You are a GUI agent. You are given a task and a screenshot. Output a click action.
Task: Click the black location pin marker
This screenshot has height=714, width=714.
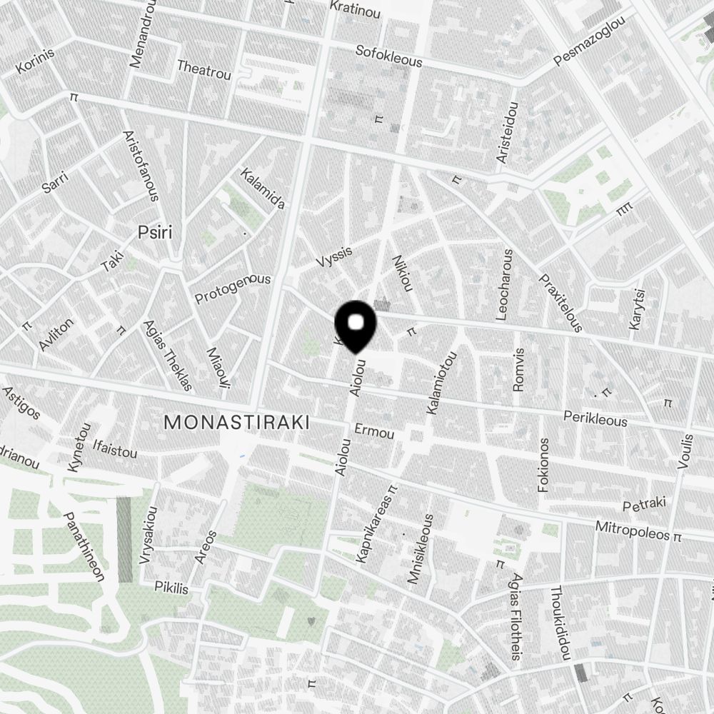(356, 325)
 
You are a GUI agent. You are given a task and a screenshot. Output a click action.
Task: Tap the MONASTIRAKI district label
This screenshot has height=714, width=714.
(236, 423)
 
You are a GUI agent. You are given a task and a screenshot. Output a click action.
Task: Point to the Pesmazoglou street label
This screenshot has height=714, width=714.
(590, 43)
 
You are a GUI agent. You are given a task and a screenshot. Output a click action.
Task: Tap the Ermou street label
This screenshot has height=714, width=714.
(374, 433)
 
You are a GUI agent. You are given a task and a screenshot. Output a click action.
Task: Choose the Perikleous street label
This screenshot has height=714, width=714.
(595, 418)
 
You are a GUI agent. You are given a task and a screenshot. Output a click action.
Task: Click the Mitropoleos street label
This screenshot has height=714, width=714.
(634, 532)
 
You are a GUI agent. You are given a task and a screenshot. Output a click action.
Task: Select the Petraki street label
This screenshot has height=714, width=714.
(644, 505)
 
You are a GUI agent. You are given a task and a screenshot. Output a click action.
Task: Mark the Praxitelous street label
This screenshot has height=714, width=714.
(561, 303)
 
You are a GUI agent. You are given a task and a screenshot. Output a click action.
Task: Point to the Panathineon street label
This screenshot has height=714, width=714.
(85, 547)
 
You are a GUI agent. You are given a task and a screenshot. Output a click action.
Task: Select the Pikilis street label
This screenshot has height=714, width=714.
(171, 588)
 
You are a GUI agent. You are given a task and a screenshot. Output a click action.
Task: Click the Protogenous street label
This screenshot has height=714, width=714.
(233, 288)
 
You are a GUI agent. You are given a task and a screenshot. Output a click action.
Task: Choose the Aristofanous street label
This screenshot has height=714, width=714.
(141, 166)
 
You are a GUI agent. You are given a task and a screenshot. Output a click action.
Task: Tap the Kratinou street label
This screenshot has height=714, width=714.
(355, 9)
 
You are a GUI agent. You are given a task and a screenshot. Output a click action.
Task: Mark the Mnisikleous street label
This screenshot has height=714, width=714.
(420, 550)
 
